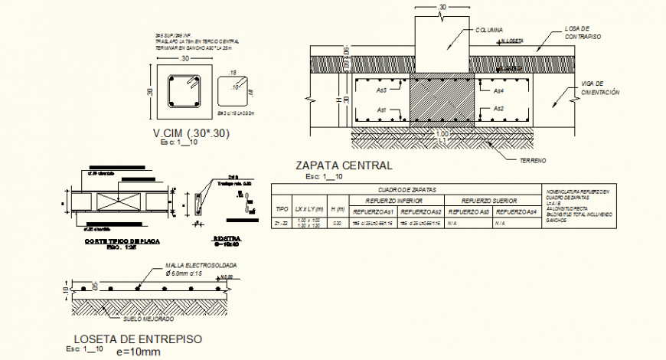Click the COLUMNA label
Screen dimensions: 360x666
pos(488,30)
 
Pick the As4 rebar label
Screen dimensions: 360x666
pos(498,90)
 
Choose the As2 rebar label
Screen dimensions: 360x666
pos(498,110)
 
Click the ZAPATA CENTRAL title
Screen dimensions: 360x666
pos(343,165)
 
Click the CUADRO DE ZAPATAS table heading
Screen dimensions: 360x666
pos(406,189)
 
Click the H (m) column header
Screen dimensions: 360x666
pos(337,209)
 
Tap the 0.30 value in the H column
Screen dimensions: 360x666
pos(337,223)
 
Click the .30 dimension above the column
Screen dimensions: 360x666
pos(442,7)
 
